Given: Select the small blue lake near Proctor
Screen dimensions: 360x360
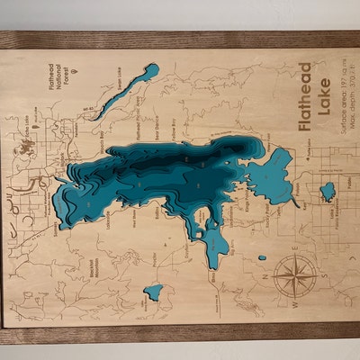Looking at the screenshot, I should click(154, 292).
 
